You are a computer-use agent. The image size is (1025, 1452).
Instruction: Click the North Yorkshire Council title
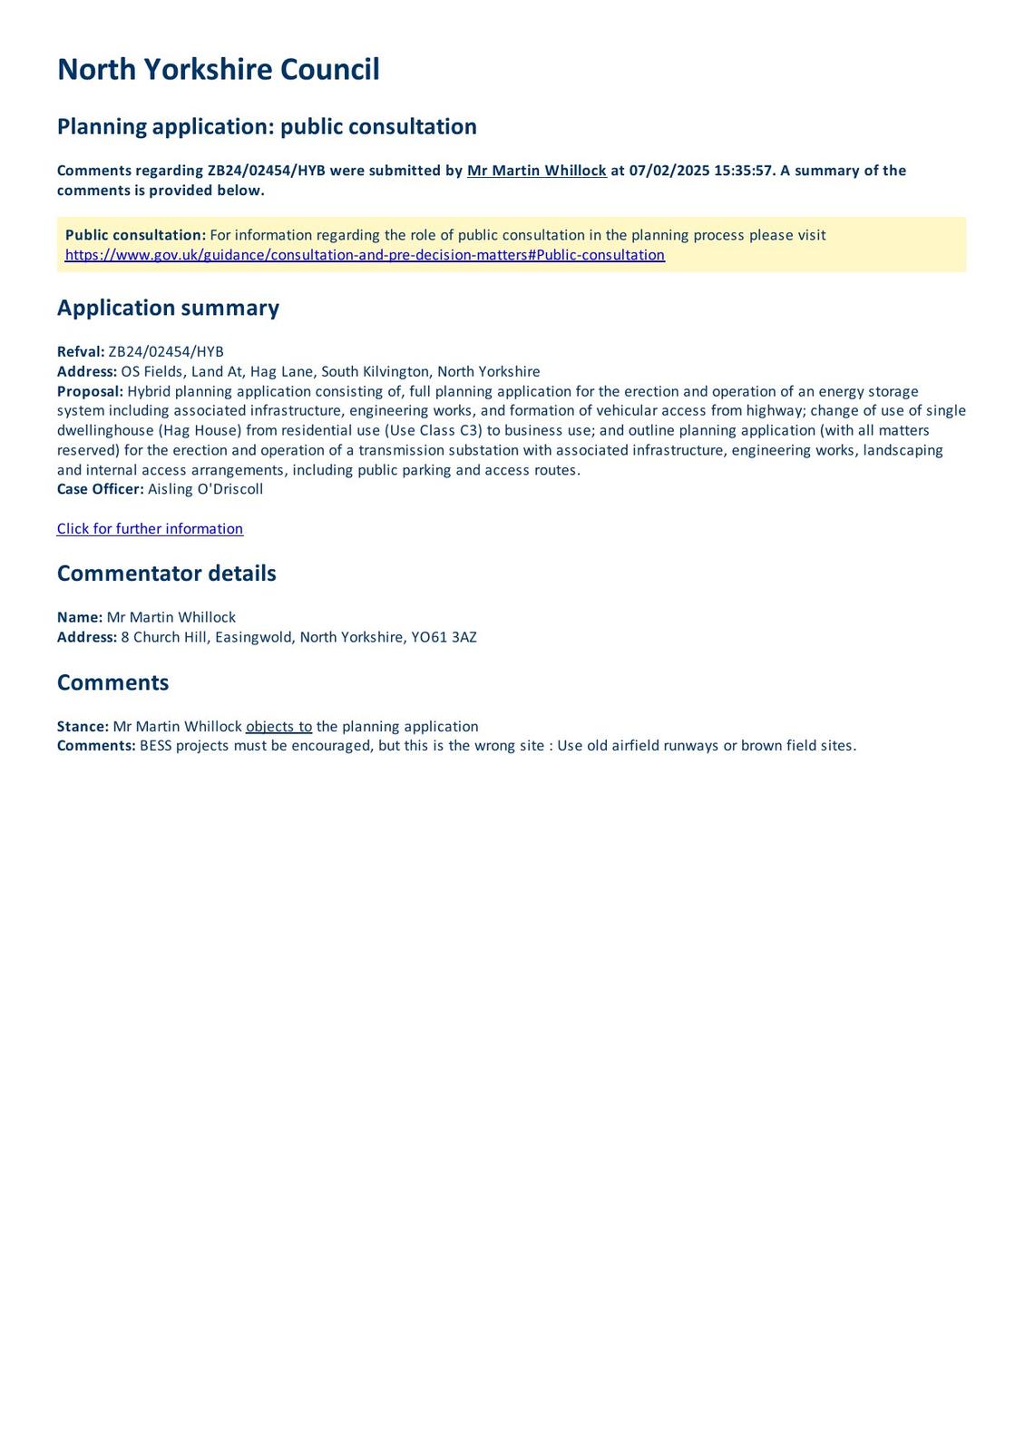[218, 70]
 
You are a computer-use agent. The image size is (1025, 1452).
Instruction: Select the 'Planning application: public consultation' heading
[267, 126]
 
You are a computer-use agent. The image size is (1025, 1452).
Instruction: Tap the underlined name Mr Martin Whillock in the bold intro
[536, 171]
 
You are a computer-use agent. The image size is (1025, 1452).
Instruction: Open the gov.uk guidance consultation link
[365, 255]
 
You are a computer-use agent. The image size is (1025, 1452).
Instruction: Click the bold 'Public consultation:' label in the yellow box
[135, 235]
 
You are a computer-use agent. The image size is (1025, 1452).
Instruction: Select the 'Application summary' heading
[168, 308]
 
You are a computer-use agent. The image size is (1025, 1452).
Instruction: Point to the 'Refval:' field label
[81, 352]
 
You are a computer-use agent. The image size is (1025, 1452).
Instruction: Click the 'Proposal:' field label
[90, 391]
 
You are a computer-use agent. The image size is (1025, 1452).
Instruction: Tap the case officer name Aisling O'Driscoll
[205, 489]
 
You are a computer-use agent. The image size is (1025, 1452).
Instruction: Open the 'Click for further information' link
[150, 529]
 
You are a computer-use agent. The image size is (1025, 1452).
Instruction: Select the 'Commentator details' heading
[166, 574]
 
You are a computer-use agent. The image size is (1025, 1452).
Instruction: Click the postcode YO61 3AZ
[444, 637]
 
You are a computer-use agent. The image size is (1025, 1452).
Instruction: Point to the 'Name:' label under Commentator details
[80, 617]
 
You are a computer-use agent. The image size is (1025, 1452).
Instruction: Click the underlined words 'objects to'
[278, 727]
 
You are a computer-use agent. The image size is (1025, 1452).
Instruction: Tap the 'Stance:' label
[83, 727]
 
